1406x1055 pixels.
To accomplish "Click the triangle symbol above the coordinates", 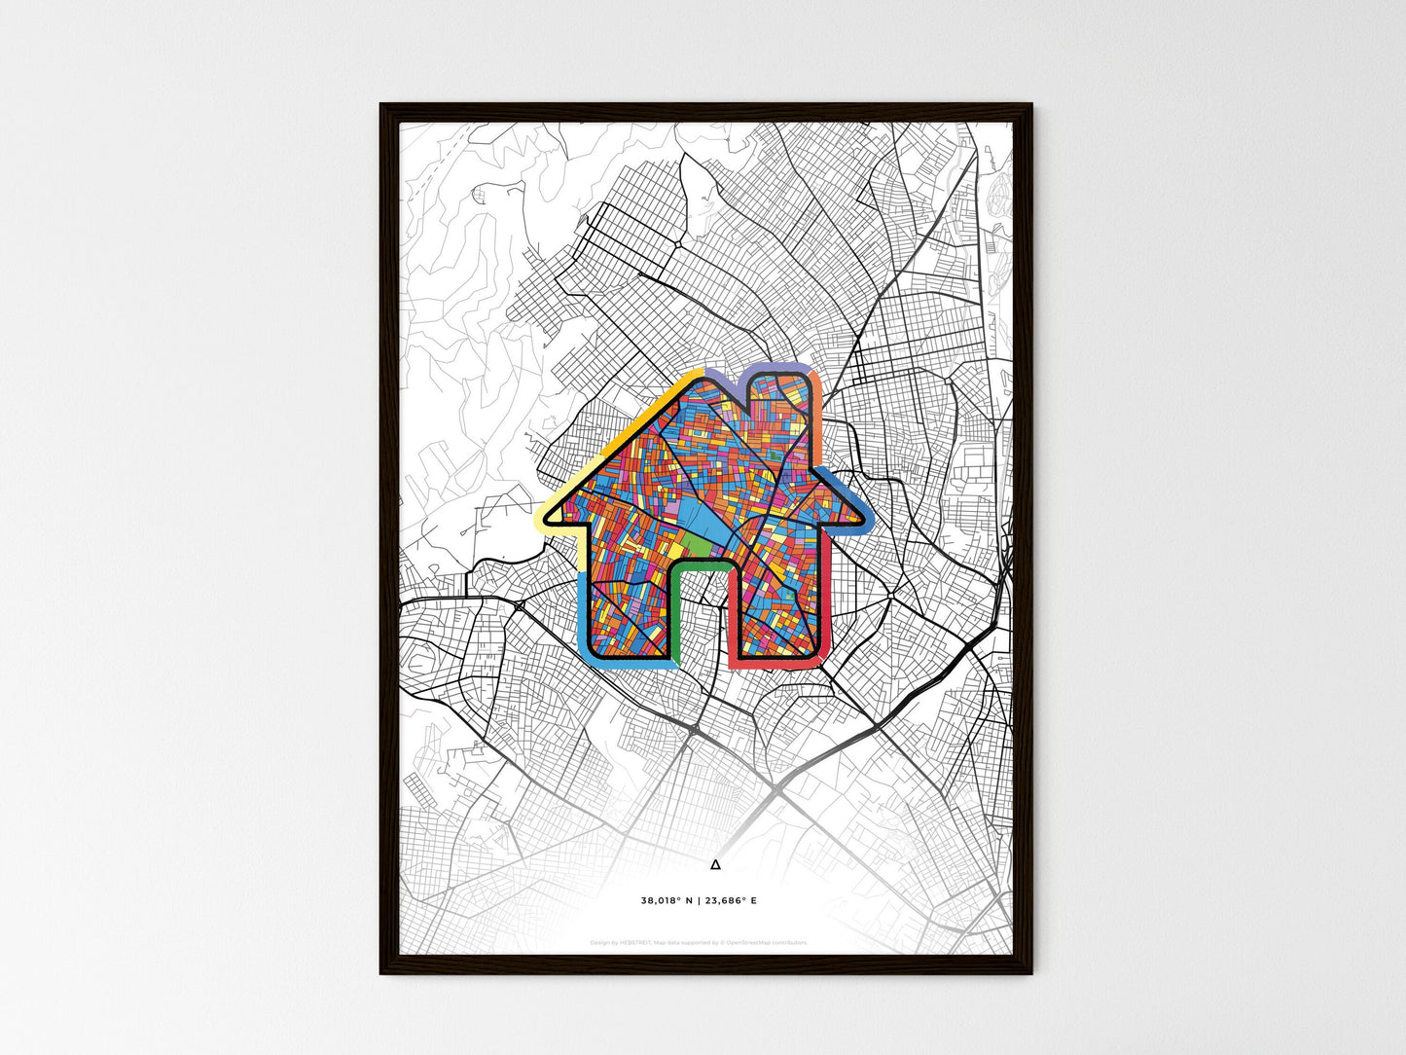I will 716,864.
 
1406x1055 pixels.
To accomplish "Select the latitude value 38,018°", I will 662,901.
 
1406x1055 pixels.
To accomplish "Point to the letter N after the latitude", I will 689,901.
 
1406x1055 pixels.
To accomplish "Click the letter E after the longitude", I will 753,901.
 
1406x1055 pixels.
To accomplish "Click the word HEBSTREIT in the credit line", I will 635,943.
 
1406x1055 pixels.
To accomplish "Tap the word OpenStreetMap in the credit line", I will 749,943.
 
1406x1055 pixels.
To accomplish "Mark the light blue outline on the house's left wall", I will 582,613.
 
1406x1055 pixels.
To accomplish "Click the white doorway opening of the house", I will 703,613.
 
